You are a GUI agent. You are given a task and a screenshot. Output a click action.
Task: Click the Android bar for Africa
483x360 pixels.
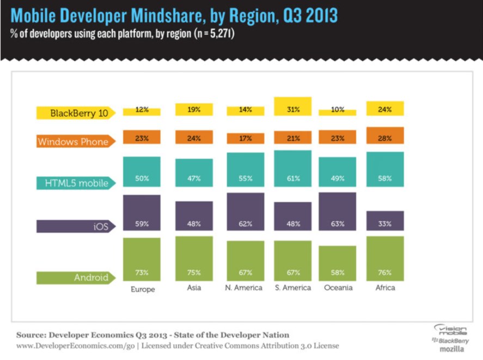pos(385,259)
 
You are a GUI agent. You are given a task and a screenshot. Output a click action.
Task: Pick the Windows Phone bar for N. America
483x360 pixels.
pos(245,138)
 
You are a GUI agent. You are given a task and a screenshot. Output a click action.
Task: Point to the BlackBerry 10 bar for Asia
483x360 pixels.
pos(194,109)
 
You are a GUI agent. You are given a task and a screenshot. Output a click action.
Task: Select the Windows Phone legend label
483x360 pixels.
pos(73,142)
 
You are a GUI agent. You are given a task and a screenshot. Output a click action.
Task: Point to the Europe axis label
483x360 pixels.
pos(143,289)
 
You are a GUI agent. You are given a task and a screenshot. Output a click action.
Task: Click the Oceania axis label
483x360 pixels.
pos(338,288)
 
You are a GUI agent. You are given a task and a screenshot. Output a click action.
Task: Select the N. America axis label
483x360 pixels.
pos(244,288)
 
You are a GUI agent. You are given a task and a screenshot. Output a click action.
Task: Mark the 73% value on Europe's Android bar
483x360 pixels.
pos(142,272)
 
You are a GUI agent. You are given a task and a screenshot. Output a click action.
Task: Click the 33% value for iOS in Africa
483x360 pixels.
pos(385,223)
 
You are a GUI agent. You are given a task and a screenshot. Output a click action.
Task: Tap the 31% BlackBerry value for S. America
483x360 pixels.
pos(292,109)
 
